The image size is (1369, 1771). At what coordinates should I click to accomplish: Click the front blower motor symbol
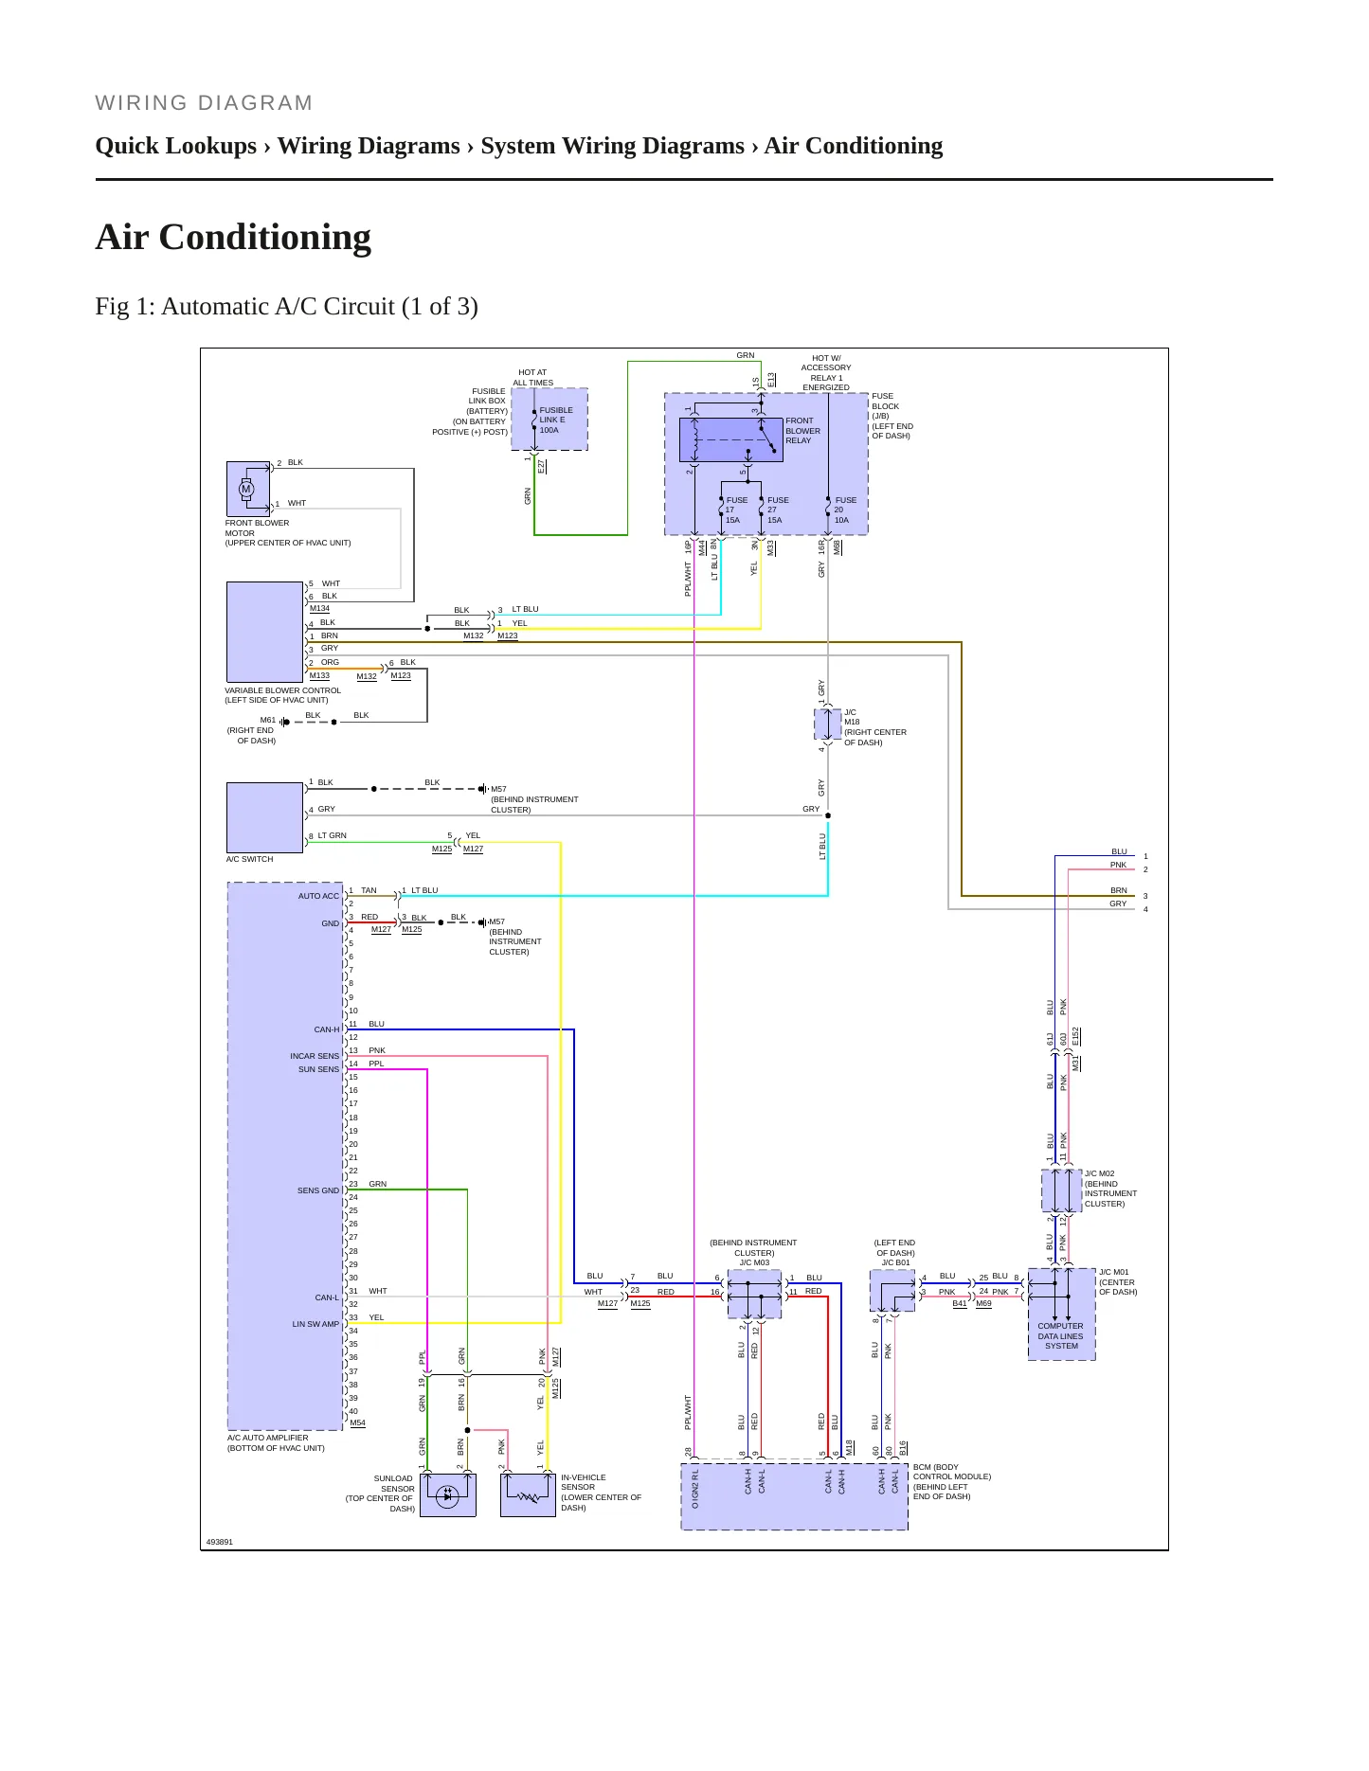246,489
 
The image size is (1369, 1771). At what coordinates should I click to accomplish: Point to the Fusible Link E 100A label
555,420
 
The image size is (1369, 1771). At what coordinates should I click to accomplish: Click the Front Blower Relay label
802,430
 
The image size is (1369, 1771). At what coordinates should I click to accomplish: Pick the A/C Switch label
249,859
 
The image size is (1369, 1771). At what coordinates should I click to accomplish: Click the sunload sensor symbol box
447,1495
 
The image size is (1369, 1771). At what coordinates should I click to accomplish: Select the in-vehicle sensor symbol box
528,1495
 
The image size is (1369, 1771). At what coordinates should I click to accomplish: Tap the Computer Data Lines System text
1061,1336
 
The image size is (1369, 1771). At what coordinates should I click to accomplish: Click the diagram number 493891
219,1542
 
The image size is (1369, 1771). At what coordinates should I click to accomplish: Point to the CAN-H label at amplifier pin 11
326,1029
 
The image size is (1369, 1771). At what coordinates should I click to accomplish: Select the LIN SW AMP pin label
315,1324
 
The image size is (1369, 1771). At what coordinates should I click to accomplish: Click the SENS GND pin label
318,1190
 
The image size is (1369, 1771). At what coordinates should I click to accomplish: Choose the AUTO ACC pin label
318,896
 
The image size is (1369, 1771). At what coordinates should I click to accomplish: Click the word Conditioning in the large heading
265,238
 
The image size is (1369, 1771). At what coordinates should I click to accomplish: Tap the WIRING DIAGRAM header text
204,103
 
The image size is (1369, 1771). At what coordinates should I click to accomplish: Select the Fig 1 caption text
286,307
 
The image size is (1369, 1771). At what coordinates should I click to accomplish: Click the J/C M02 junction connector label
1099,1173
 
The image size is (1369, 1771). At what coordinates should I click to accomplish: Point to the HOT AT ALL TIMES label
533,378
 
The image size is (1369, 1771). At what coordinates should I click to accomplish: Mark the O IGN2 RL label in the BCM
694,1490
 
